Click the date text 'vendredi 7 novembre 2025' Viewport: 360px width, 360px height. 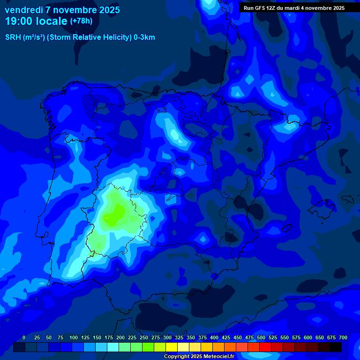point(62,9)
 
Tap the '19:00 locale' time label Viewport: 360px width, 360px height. point(36,21)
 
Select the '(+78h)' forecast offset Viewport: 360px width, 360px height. point(81,21)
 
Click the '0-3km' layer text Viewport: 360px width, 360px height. point(144,37)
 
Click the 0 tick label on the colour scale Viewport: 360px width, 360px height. point(24,337)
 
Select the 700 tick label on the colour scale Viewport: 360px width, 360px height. point(343,337)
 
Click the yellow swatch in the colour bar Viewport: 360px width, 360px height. point(172,347)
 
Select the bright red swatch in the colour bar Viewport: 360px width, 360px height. point(265,347)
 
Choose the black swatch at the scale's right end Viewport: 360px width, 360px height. point(336,347)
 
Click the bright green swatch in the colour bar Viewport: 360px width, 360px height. point(148,347)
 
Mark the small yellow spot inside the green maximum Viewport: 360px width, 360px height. point(107,218)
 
